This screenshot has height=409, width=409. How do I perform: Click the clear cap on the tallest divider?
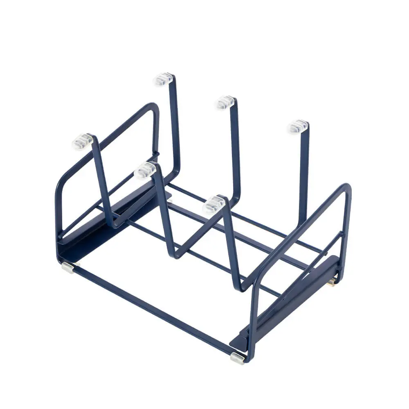pyautogui.click(x=164, y=79)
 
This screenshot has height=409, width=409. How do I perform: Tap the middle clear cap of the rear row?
pyautogui.click(x=225, y=102)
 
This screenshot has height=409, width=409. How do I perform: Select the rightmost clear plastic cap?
pyautogui.click(x=297, y=127)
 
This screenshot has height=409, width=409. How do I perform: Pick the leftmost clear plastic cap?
pyautogui.click(x=83, y=142)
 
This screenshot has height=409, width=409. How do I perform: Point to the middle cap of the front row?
pyautogui.click(x=145, y=170)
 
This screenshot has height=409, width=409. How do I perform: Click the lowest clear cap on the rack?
pyautogui.click(x=213, y=204)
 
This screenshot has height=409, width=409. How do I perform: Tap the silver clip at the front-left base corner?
pyautogui.click(x=67, y=268)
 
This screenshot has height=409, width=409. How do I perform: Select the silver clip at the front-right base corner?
pyautogui.click(x=238, y=358)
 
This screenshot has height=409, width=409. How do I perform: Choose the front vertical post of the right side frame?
pyautogui.click(x=251, y=319)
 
